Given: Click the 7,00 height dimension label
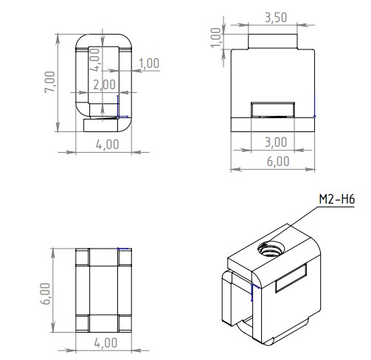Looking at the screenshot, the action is click(50, 82).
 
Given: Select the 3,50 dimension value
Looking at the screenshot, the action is click(276, 18).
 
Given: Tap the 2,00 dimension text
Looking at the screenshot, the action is click(104, 85).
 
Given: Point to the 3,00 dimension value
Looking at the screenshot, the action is click(276, 142).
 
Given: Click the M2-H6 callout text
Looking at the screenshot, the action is click(337, 199).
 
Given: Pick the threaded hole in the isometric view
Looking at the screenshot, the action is click(271, 249).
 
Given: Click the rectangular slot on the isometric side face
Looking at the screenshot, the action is click(291, 278).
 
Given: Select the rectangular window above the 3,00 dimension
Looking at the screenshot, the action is click(273, 109).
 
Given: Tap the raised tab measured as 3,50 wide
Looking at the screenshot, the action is click(273, 41).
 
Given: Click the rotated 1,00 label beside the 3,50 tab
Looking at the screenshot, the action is click(216, 38).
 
